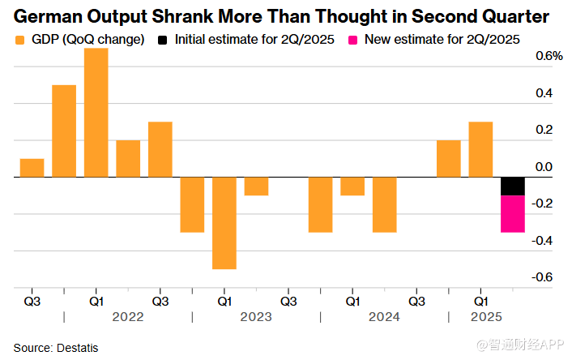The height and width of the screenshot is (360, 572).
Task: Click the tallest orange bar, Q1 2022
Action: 96,112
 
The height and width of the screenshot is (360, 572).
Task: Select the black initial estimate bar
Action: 512,186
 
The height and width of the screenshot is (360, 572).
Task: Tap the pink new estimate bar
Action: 512,213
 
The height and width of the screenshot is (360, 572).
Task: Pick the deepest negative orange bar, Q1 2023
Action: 224,222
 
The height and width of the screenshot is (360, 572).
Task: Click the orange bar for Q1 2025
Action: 480,149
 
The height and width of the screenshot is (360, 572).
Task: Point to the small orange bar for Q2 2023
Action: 256,186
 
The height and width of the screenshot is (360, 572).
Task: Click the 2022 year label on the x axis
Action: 128,317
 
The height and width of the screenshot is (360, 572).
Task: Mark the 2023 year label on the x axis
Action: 256,317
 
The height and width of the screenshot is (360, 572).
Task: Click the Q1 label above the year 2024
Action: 352,299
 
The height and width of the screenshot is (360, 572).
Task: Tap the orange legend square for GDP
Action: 19,39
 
